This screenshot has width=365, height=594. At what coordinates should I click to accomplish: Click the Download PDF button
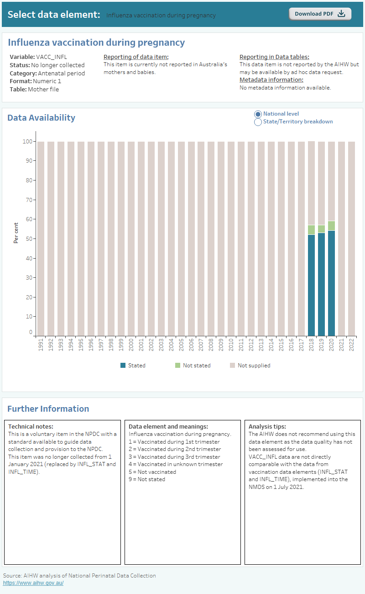[x=320, y=14]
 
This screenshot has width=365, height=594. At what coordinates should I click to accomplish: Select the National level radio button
[x=258, y=114]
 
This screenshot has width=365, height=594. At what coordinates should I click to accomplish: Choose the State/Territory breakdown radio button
[x=258, y=122]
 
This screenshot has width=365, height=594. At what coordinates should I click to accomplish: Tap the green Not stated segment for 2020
[x=331, y=226]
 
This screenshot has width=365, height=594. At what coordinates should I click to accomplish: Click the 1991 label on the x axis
[x=41, y=345]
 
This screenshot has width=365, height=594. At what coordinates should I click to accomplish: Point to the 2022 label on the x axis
[x=351, y=345]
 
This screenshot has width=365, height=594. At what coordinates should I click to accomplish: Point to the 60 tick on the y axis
[x=28, y=219]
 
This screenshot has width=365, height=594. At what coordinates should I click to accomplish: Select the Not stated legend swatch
[x=178, y=366]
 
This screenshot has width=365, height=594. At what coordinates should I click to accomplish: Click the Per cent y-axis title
[x=16, y=233]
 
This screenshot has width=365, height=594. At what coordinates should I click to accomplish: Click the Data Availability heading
[x=41, y=118]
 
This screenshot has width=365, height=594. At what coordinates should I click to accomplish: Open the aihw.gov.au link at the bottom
[x=33, y=583]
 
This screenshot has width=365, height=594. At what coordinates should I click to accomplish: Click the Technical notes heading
[x=31, y=426]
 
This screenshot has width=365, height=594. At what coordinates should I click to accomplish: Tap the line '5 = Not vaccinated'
[x=152, y=472]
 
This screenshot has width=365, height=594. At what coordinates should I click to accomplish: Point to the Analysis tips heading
[x=267, y=426]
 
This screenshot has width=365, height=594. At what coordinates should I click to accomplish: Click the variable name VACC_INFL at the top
[x=51, y=57]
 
